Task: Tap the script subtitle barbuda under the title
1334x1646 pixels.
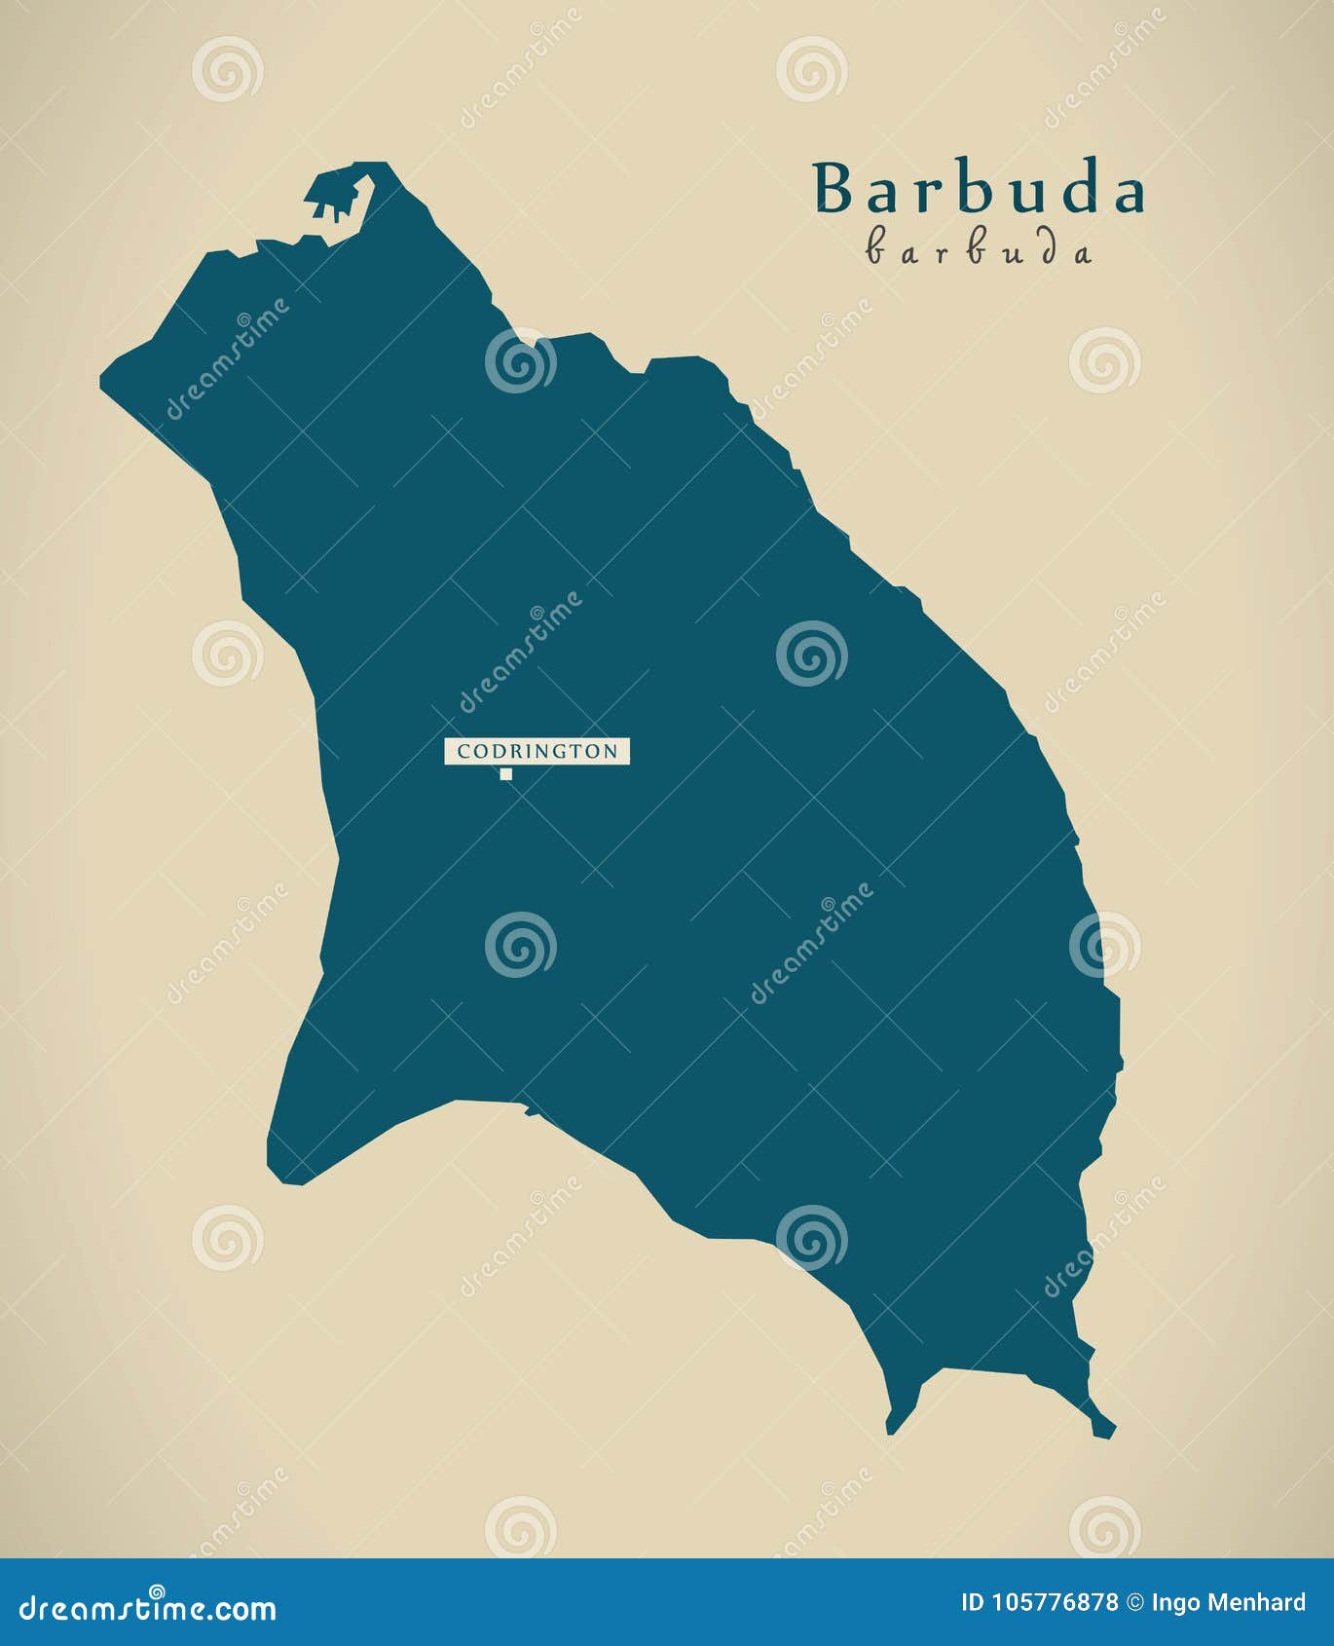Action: click(x=979, y=251)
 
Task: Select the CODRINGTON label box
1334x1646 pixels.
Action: click(x=537, y=751)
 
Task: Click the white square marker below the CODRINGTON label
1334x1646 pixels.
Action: click(x=505, y=774)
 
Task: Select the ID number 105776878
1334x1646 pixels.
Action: click(x=1053, y=1602)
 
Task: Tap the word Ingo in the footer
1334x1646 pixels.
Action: click(x=1175, y=1602)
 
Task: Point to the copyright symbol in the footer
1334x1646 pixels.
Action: click(x=1134, y=1602)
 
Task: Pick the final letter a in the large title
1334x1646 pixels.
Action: click(x=1127, y=193)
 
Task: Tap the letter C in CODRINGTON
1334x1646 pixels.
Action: click(x=463, y=751)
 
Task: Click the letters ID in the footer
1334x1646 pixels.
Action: click(x=972, y=1602)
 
